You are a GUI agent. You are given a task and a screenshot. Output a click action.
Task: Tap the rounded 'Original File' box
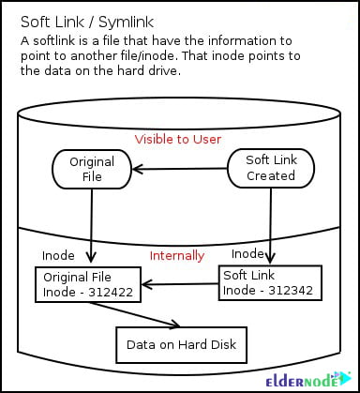click(92, 169)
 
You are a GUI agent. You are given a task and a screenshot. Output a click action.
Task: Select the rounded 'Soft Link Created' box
click(271, 168)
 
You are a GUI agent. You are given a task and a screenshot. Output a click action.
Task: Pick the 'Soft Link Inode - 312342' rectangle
click(270, 282)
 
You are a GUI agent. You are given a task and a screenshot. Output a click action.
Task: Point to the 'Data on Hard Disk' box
click(182, 345)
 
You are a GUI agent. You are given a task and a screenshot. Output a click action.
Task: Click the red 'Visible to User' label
click(177, 140)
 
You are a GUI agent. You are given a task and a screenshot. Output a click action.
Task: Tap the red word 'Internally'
click(177, 255)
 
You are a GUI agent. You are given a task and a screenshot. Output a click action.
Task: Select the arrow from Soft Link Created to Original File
click(180, 169)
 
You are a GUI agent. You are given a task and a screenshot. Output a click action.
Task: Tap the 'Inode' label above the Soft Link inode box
click(247, 253)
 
